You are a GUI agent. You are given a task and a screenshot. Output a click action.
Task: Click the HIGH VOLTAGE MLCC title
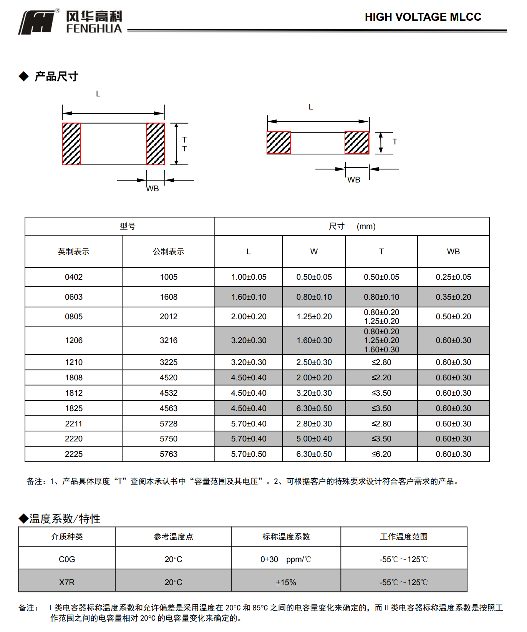point(423,17)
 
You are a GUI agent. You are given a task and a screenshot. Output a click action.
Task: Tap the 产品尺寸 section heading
point(56,76)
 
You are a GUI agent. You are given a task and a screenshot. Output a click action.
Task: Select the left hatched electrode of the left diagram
point(71,144)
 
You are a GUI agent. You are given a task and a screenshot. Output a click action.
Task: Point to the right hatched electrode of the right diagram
point(357,143)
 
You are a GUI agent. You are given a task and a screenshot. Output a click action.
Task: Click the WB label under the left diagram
point(152,189)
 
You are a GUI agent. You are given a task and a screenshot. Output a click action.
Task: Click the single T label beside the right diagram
point(395,142)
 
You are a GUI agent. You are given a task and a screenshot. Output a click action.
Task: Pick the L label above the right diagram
point(311,107)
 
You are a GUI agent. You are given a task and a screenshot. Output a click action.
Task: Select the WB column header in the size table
point(453,252)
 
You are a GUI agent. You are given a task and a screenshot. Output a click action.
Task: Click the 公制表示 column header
point(169,252)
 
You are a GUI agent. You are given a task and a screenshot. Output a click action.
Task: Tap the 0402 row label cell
point(74,277)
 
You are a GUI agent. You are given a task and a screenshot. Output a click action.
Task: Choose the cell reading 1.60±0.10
point(249,297)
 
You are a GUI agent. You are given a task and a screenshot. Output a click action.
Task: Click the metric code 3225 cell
point(169,362)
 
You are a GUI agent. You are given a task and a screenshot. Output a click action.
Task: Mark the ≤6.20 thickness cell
point(381,454)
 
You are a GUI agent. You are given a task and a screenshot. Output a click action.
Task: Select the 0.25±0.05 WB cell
point(453,277)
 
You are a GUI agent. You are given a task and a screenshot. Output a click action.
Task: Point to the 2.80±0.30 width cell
point(314,424)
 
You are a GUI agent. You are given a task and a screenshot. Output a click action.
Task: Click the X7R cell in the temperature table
point(67,582)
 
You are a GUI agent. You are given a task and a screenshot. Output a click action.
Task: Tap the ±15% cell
point(286,582)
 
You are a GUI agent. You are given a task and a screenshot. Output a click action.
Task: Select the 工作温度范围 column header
point(404,537)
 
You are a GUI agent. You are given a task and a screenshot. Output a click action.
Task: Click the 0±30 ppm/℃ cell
point(286,559)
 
